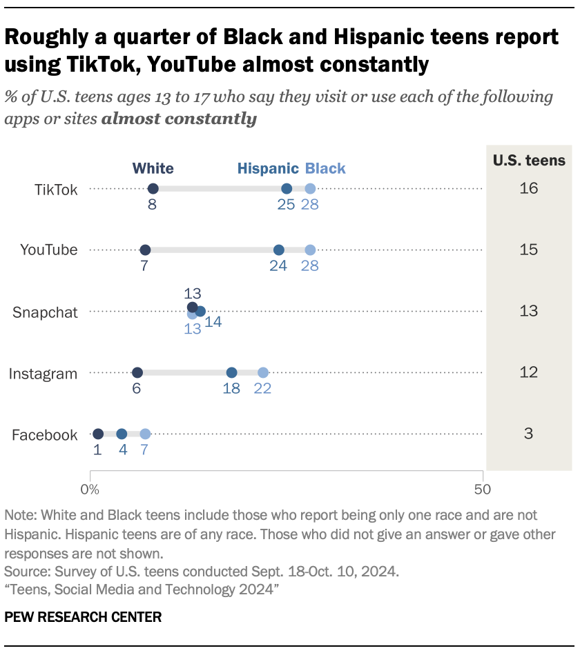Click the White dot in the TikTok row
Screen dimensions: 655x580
coord(153,189)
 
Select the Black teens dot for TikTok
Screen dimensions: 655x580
coord(310,189)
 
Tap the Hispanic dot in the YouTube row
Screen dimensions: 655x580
coord(279,250)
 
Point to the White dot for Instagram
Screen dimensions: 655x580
coord(137,373)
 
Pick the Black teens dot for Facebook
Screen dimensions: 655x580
coord(145,434)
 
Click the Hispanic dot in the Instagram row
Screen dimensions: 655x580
coord(232,373)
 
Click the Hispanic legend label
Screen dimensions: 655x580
coord(268,169)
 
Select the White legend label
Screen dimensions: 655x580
coord(153,169)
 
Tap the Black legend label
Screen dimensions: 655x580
coord(325,169)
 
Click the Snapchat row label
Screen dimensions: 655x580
coord(46,312)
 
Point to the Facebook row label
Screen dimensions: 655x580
coord(45,435)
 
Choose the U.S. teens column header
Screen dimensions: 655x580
coord(529,161)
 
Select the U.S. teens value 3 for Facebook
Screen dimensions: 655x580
coord(529,434)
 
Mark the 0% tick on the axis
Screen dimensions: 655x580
coord(90,490)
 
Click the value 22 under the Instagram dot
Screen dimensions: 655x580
coord(262,389)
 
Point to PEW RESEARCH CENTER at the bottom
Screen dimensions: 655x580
coord(83,617)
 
